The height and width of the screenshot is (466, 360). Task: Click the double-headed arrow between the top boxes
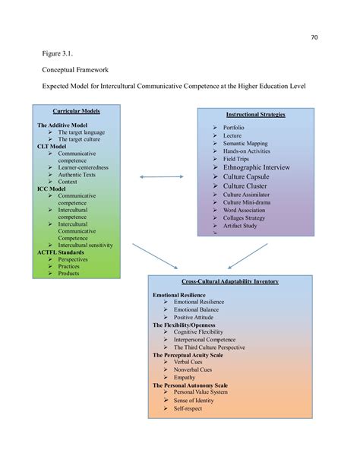(162, 176)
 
